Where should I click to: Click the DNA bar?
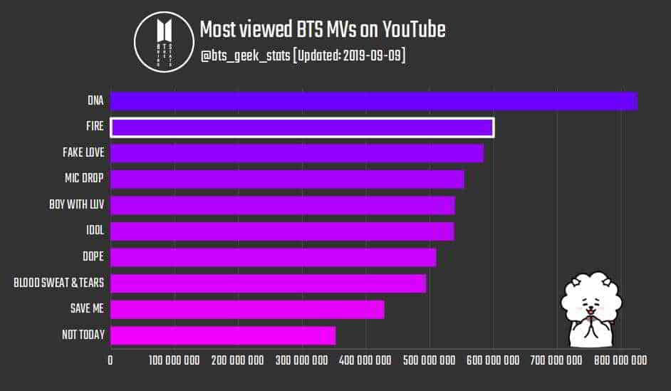[374, 101]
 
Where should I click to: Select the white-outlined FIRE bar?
[303, 127]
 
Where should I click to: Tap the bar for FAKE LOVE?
[297, 153]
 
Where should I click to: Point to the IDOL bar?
[282, 231]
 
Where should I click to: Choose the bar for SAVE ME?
[248, 309]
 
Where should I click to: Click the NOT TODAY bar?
[223, 335]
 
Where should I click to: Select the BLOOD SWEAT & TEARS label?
[59, 283]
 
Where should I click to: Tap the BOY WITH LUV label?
[77, 205]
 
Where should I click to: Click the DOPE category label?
[93, 257]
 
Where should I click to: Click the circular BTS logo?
[165, 41]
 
